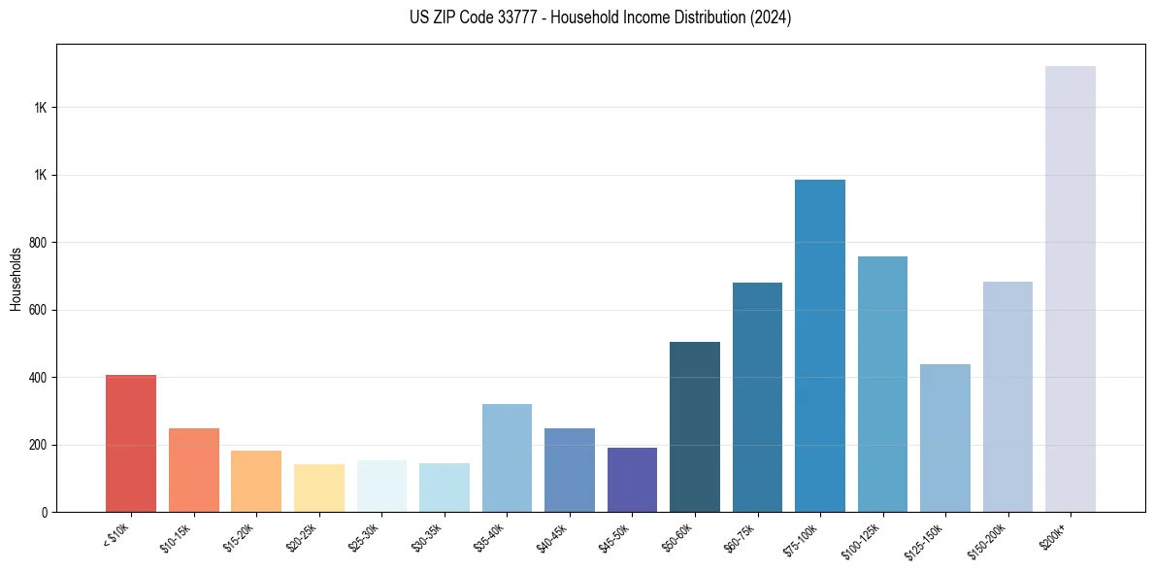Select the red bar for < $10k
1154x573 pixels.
[x=131, y=443]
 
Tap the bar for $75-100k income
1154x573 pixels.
[x=820, y=346]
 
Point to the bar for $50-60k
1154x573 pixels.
[x=695, y=426]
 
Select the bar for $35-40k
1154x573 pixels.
[x=507, y=457]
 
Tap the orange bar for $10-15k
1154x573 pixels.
[x=193, y=470]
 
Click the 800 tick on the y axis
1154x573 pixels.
[x=40, y=243]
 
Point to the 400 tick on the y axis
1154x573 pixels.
[x=40, y=378]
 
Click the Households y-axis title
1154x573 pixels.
[x=16, y=279]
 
